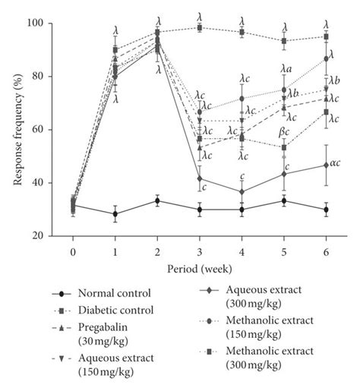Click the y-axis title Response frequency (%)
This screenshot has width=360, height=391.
coord(14,129)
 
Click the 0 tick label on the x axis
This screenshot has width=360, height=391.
coord(73,251)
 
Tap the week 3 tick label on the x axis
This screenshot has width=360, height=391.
coord(200,251)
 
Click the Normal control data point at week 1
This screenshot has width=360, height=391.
coord(115,214)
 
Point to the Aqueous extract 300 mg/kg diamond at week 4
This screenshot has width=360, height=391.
coord(242,192)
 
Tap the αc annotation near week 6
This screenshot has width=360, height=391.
coord(335,162)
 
